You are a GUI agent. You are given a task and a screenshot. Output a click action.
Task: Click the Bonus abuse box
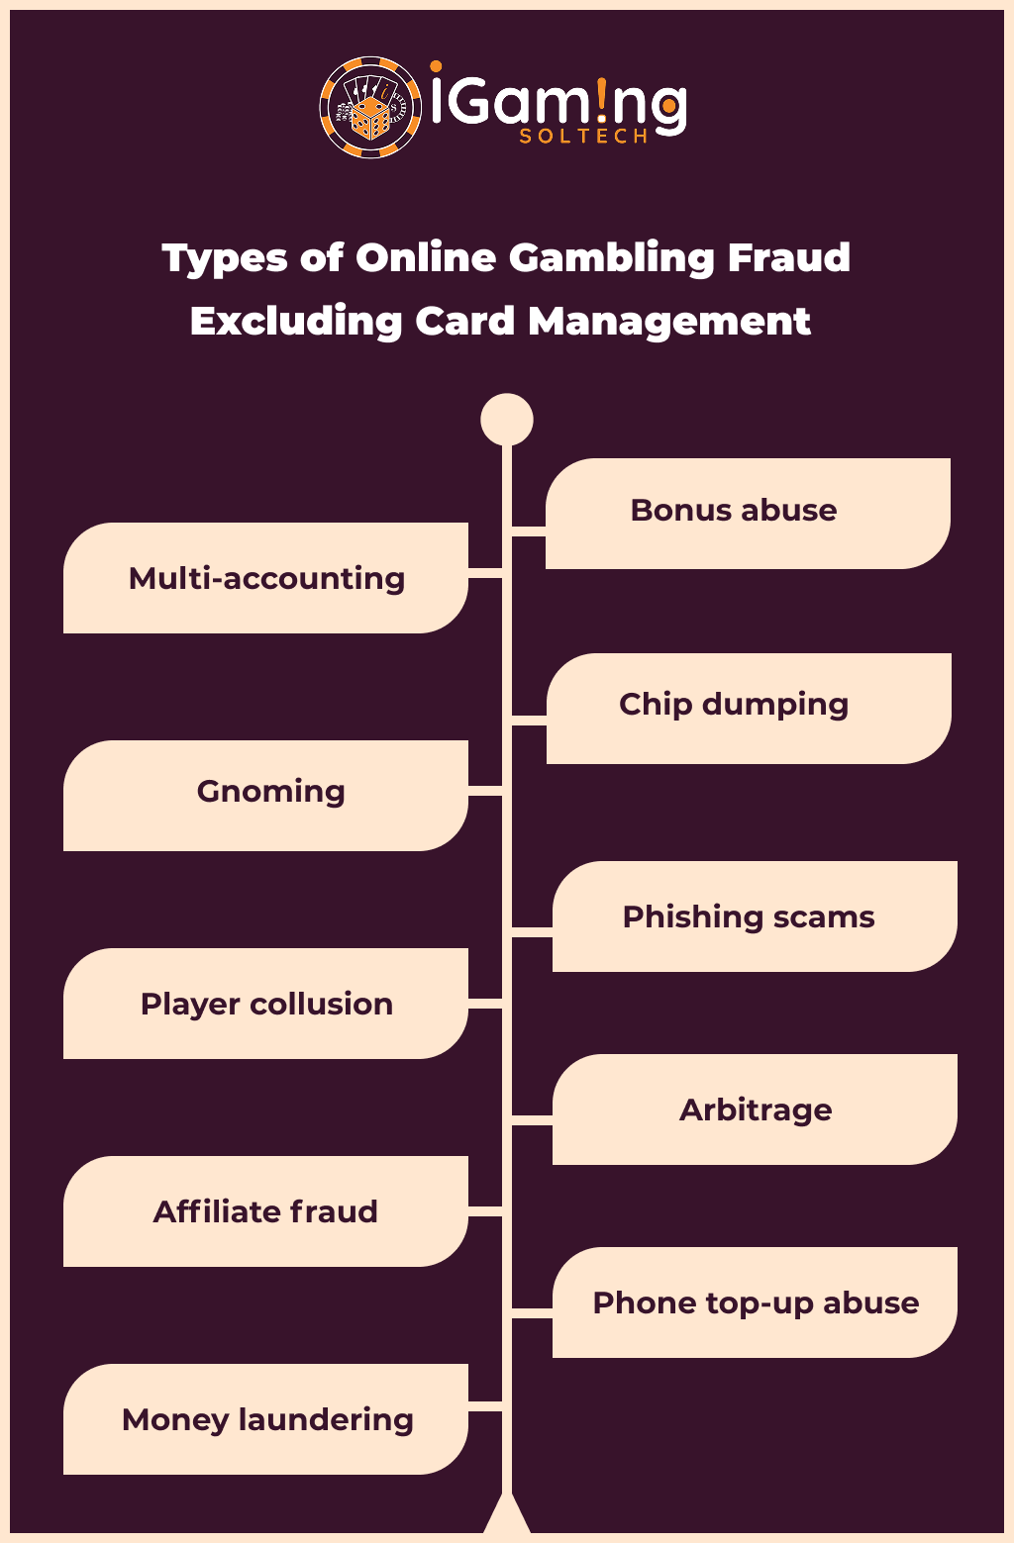[x=748, y=514]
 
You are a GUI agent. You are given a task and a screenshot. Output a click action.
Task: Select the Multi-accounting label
[x=266, y=579]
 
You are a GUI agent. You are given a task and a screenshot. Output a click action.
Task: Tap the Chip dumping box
[x=749, y=708]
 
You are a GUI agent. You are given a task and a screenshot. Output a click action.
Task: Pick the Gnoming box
[x=265, y=796]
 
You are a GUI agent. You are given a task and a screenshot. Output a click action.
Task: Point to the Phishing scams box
[x=755, y=916]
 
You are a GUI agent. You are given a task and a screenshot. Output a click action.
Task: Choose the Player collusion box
[x=265, y=1004]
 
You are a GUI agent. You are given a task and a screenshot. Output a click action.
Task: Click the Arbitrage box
[x=755, y=1109]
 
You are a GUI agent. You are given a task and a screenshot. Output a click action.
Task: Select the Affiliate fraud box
[x=265, y=1211]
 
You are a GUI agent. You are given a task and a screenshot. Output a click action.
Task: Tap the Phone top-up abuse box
[x=755, y=1302]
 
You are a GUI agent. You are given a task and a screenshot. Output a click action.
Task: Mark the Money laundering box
[x=265, y=1419]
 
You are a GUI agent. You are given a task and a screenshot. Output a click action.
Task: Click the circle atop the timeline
[x=507, y=420]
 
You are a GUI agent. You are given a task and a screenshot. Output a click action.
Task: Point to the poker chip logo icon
[x=370, y=108]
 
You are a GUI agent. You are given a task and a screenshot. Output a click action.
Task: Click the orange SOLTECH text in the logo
[x=583, y=137]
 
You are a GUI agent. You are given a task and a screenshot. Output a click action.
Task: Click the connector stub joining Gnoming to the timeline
[x=485, y=791]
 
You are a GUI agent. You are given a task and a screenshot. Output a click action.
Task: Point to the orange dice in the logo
[x=370, y=118]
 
